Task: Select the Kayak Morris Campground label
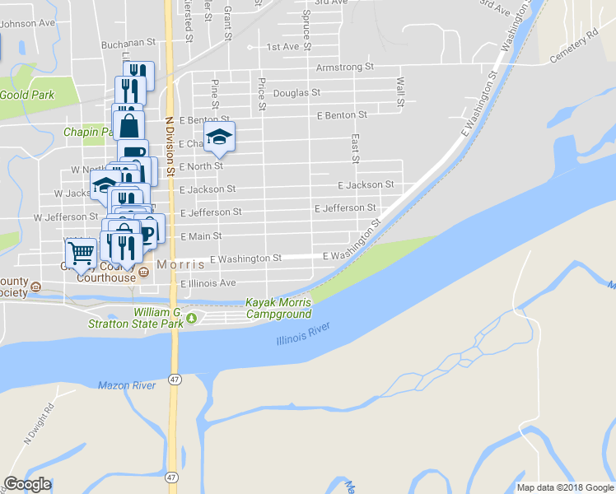(x=278, y=309)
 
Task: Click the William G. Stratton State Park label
(x=136, y=319)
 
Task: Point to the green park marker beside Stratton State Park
(x=193, y=319)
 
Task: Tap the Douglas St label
(x=296, y=93)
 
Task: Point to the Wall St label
(x=400, y=91)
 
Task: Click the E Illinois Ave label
(x=208, y=283)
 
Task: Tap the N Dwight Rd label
(x=39, y=424)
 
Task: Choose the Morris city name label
(x=178, y=265)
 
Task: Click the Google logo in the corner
(x=27, y=484)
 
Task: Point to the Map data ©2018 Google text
(x=565, y=487)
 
